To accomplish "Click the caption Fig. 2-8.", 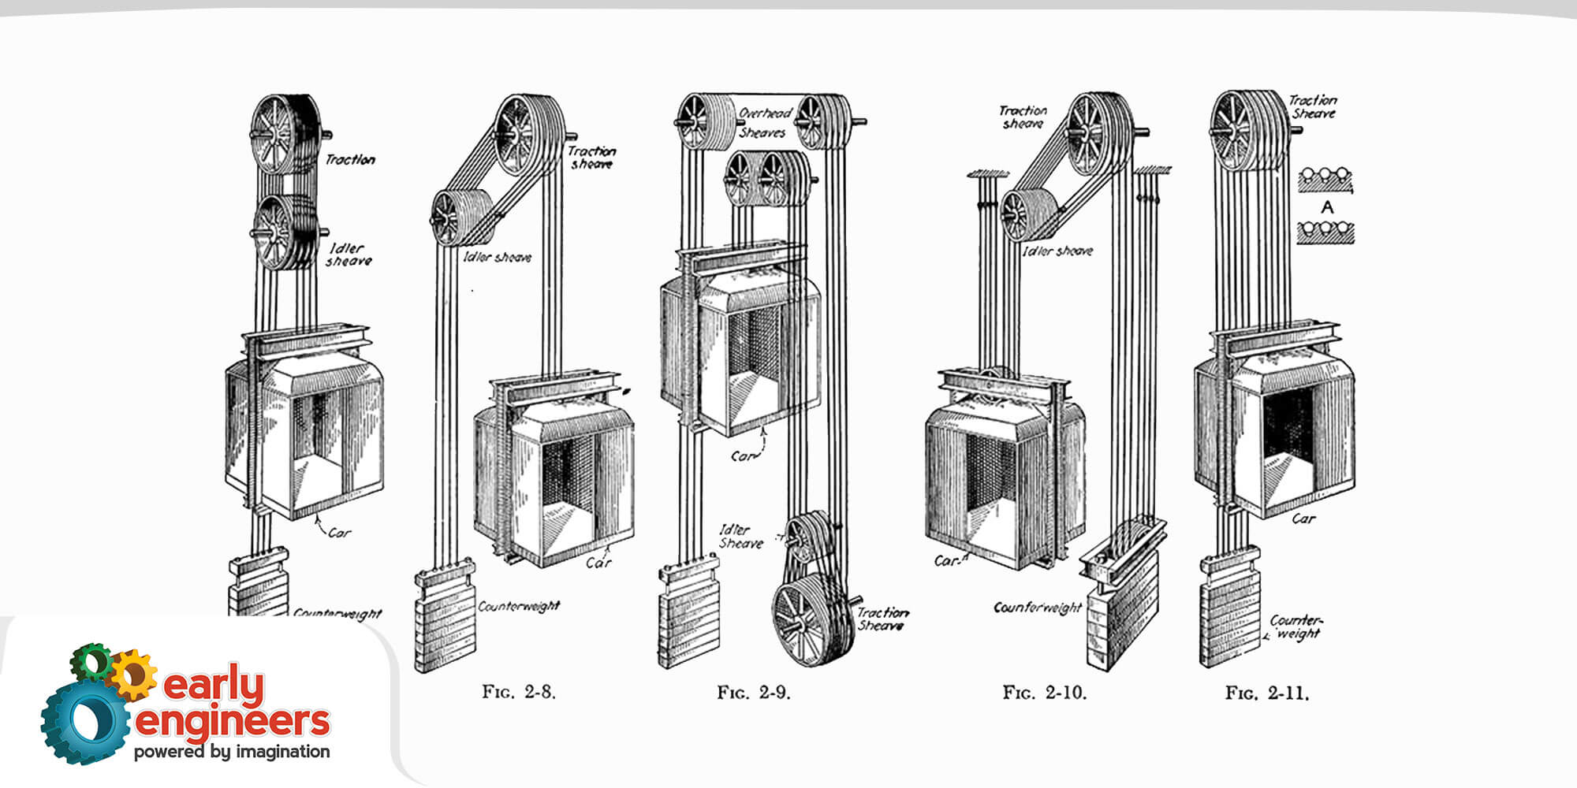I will (x=519, y=693).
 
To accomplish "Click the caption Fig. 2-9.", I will (x=753, y=693).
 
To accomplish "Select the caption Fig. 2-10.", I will (x=1044, y=693).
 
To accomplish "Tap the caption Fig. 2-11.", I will (x=1266, y=693).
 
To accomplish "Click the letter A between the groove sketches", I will (x=1327, y=207).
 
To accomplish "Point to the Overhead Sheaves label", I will (x=763, y=123).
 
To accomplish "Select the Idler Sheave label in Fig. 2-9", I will (x=741, y=537).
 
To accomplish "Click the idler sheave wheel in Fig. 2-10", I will (x=1023, y=214).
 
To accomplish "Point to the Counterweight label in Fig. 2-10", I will (x=1038, y=608).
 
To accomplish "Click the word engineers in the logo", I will (x=233, y=721).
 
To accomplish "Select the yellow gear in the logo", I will (x=133, y=674).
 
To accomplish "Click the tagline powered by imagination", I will (x=232, y=752).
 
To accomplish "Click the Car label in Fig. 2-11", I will (x=1303, y=519).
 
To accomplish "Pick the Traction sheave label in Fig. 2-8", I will (x=591, y=158).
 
